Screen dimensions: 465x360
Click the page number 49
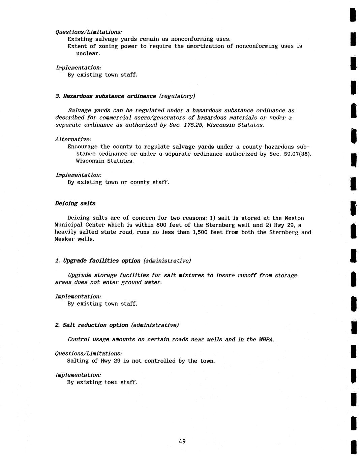click(182, 441)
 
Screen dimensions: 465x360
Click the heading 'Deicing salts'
click(75, 204)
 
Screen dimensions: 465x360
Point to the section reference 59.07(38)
click(296, 154)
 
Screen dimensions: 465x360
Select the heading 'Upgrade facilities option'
click(102, 261)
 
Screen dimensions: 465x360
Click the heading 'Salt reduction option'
click(96, 325)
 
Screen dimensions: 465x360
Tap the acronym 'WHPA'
click(266, 340)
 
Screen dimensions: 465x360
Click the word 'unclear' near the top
click(88, 53)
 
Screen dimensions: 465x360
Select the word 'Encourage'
click(82, 147)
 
